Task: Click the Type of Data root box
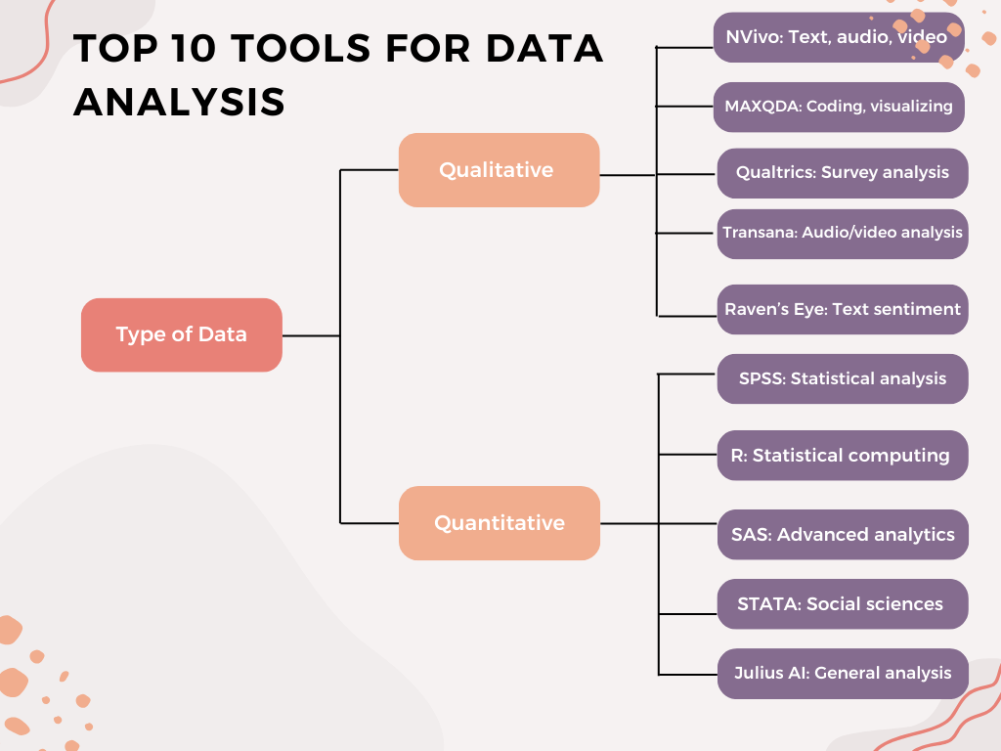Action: point(181,334)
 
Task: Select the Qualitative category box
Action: point(499,170)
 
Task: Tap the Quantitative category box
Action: point(500,523)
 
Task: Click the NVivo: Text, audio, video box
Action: point(838,37)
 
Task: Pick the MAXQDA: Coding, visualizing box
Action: point(839,107)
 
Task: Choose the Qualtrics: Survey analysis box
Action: point(843,173)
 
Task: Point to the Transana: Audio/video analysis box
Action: point(843,234)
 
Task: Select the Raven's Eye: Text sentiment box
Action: point(843,309)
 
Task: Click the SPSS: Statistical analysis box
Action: point(843,378)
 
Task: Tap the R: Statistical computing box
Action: point(843,456)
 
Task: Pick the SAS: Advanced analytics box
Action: point(843,535)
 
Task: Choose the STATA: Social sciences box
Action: point(843,604)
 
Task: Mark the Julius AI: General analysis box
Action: point(843,674)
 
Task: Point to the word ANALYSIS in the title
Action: point(180,102)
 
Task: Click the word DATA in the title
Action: point(544,49)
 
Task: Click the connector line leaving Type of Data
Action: point(311,335)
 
